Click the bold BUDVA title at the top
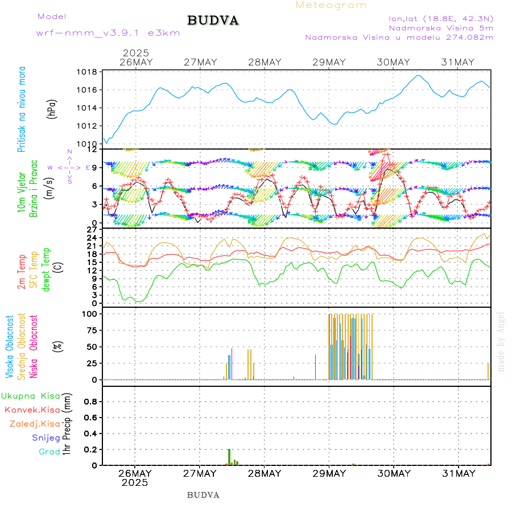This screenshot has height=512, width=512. pos(213,20)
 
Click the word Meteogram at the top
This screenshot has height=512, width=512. pos(331,5)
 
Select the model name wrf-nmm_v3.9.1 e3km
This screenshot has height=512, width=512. pos(108,32)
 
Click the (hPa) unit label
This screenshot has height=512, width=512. pos(52,108)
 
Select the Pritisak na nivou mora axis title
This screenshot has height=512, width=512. pos(22,110)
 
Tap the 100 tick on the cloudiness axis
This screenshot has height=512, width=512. pos(91,313)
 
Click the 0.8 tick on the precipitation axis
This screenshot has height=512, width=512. pos(90,401)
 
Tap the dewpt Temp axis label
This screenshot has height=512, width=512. pos(46,269)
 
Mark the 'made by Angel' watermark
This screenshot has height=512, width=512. pos(501,341)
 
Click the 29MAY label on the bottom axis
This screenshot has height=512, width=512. pos(329,473)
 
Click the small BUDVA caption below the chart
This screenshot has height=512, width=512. pos(203,495)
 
